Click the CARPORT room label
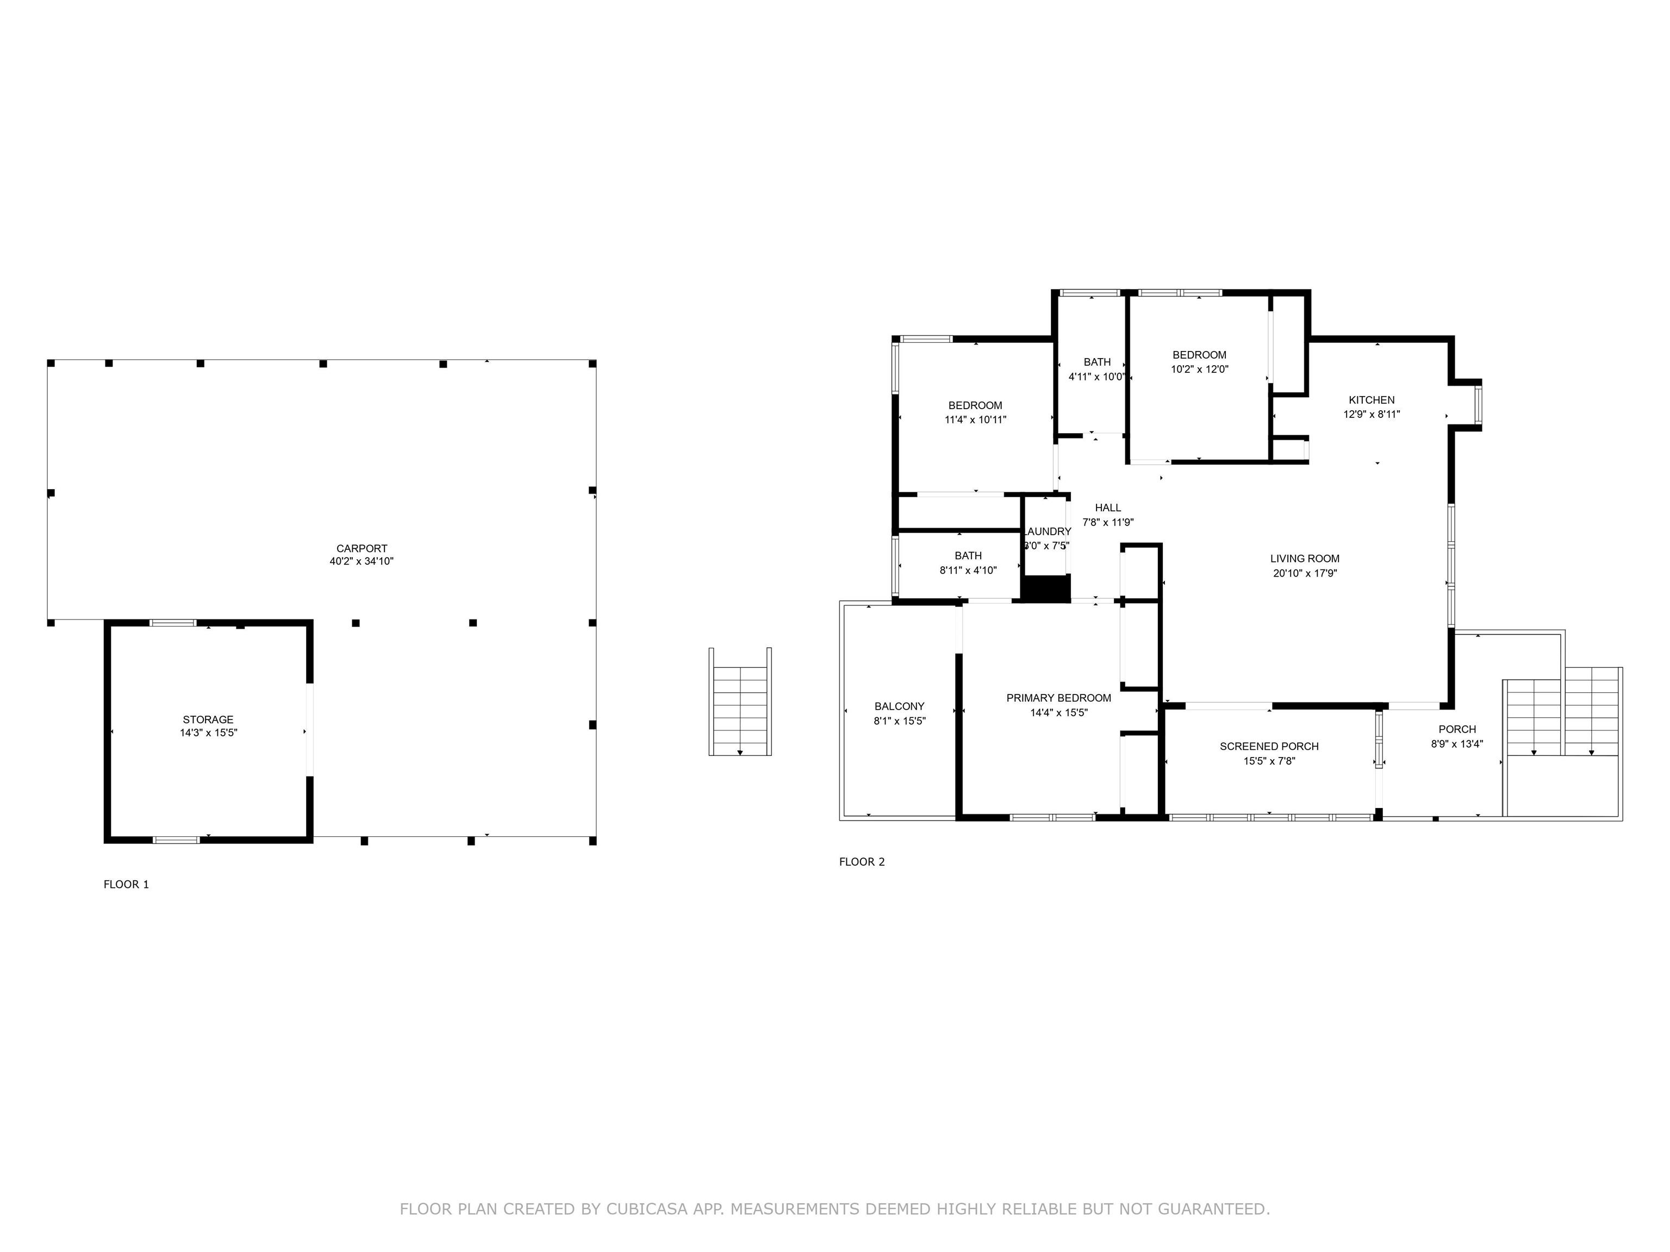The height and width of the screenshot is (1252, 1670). coord(362,549)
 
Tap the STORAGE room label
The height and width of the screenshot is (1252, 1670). coord(208,720)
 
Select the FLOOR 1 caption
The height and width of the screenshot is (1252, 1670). coord(126,885)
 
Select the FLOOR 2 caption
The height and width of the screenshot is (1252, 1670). coord(862,862)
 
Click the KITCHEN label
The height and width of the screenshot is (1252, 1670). coord(1372,400)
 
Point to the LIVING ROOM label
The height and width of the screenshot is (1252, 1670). coord(1305,559)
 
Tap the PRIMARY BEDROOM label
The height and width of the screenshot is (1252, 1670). coord(1058,698)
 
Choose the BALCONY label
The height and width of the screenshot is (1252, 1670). coord(899,706)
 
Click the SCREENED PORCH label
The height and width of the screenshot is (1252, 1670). coord(1269,747)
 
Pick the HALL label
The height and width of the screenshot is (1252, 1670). coord(1107,508)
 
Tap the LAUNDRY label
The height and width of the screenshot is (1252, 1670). coord(1046,531)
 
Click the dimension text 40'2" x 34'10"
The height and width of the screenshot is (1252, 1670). coord(362,561)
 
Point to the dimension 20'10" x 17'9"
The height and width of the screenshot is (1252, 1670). coord(1305,573)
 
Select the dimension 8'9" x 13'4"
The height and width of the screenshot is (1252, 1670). coord(1456,743)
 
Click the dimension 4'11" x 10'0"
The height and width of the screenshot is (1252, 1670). coord(1096,377)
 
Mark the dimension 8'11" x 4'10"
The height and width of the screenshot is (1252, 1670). coord(968,571)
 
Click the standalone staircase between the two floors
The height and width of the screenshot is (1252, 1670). coord(740,702)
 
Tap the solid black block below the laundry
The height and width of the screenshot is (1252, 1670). coord(1045,589)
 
